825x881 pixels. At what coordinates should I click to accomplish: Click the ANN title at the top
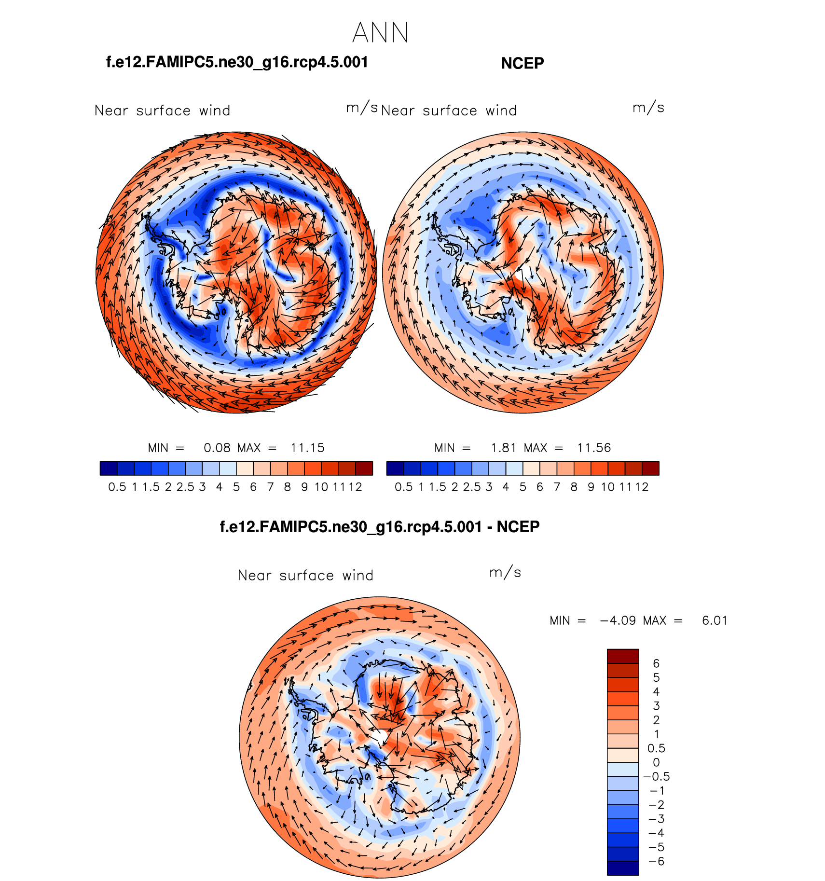[381, 33]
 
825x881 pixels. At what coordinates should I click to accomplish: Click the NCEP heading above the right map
[522, 63]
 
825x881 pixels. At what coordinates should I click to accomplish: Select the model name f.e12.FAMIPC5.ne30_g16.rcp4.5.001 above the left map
[237, 62]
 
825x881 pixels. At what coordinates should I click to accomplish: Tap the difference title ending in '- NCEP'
[380, 526]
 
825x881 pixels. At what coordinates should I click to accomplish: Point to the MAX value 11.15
[307, 448]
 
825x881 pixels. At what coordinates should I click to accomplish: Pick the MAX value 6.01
[715, 620]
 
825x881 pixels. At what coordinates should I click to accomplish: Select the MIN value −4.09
[618, 620]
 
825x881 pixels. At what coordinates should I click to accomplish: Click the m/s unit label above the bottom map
[505, 573]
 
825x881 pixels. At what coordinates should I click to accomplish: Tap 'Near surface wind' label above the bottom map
[305, 575]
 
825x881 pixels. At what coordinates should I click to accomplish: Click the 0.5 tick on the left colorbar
[117, 487]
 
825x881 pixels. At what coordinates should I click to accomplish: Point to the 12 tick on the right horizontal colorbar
[642, 487]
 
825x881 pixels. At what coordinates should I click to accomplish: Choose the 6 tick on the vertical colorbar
[656, 663]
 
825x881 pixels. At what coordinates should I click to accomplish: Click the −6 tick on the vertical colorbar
[656, 861]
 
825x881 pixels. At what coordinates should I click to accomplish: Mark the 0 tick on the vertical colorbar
[656, 762]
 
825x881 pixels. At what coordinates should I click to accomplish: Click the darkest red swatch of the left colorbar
[364, 468]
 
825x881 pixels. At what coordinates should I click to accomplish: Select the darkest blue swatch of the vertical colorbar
[623, 868]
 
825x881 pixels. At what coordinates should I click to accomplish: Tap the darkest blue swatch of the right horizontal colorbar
[395, 468]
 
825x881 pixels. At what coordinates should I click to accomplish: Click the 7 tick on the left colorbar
[270, 487]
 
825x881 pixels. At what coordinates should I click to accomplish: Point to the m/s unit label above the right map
[648, 108]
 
